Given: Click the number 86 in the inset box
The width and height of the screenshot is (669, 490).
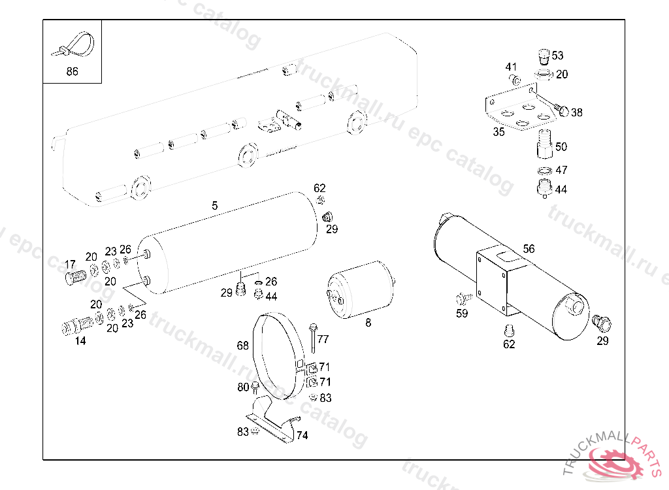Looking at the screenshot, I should [72, 72].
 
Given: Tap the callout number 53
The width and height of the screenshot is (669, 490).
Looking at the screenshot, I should [557, 56].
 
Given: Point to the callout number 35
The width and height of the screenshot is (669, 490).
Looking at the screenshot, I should [499, 132].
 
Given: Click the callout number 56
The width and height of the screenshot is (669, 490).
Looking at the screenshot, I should [529, 248].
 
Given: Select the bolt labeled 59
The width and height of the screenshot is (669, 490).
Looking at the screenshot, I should [463, 299].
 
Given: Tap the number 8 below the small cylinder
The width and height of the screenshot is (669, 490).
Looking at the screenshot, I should [368, 323].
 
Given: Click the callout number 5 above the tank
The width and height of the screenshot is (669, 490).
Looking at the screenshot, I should [214, 206].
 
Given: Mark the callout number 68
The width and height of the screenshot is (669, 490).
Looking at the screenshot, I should [242, 346].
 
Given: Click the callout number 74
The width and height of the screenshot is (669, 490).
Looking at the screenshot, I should [302, 435].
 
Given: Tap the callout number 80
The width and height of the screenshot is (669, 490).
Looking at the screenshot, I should [243, 387].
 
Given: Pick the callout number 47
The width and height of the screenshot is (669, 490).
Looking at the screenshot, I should [561, 171].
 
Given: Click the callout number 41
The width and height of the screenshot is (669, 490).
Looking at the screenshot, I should [511, 67].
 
